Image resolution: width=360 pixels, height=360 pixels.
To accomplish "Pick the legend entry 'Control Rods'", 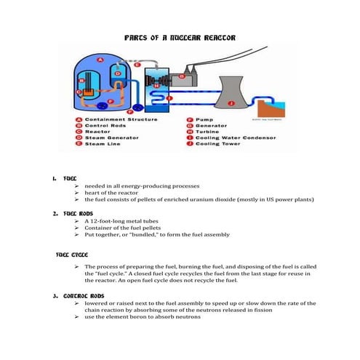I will (x=107, y=125).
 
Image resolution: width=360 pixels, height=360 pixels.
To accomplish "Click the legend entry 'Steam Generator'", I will (x=113, y=137).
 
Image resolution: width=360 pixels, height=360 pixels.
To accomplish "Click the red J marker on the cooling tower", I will (x=232, y=103).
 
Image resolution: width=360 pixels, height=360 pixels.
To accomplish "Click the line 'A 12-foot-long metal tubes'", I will (x=127, y=220).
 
